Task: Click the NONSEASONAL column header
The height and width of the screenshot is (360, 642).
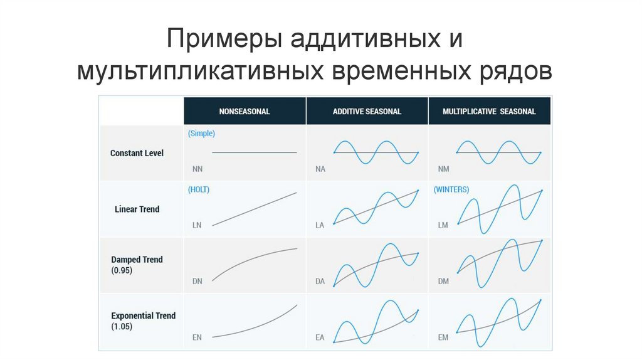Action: [x=244, y=112]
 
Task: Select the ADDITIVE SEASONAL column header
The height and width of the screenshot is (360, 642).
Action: [x=367, y=112]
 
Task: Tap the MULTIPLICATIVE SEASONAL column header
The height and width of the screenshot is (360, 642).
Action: [x=489, y=112]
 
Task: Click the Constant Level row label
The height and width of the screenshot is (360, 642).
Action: [x=137, y=153]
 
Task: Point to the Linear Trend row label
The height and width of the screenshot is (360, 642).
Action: [x=137, y=209]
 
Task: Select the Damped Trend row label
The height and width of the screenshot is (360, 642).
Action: [x=137, y=260]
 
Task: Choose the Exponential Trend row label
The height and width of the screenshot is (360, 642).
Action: [x=143, y=316]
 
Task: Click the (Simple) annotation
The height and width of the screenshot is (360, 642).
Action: [x=201, y=134]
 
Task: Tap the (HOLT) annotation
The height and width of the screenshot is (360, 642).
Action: [x=198, y=189]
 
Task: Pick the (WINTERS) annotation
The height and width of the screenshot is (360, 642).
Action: [x=451, y=189]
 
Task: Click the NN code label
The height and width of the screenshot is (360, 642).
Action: [x=197, y=169]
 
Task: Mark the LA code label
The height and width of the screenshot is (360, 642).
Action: [x=320, y=225]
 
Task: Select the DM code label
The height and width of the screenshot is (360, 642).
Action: [x=443, y=282]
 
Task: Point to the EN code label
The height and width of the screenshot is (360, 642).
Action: [x=197, y=337]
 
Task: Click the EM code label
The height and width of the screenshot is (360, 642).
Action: [x=443, y=337]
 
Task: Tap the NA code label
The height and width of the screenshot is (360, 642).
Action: [x=320, y=169]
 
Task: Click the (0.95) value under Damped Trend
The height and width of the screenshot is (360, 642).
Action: [x=122, y=271]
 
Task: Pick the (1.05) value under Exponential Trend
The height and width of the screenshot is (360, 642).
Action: [x=122, y=327]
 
